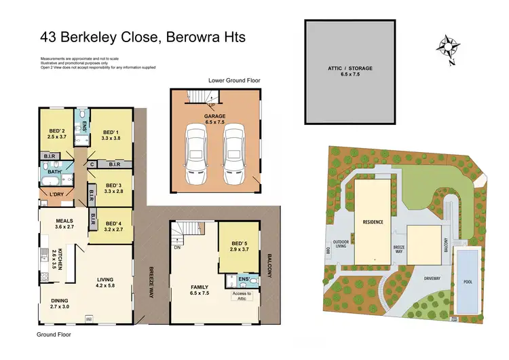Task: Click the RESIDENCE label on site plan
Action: (373, 222)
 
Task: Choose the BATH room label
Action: (55, 172)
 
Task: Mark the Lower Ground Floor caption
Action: (233, 80)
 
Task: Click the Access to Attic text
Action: (242, 295)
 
